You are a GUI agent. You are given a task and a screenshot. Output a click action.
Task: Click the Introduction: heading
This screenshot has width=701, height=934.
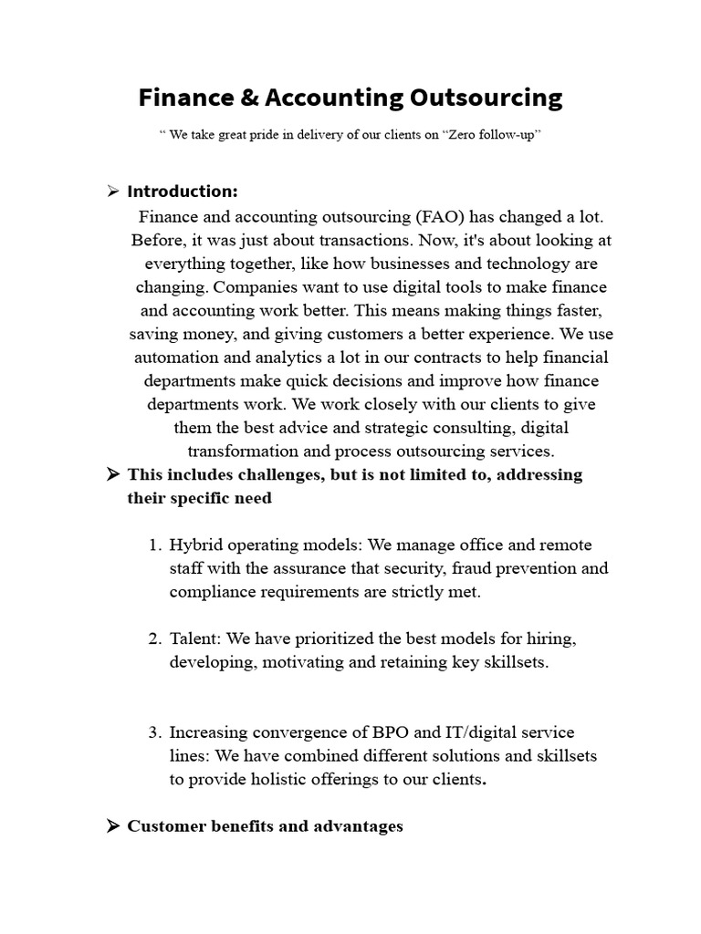pyautogui.click(x=183, y=192)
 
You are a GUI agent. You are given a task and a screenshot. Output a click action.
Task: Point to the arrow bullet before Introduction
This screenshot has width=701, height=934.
pyautogui.click(x=113, y=192)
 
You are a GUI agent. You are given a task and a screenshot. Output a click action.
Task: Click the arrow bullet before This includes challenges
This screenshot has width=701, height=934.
pyautogui.click(x=113, y=474)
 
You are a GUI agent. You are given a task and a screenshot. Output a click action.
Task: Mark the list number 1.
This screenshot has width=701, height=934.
pyautogui.click(x=154, y=545)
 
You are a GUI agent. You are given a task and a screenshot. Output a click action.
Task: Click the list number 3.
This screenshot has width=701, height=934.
pyautogui.click(x=154, y=732)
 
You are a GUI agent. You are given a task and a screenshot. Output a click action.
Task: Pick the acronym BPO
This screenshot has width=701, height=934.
pyautogui.click(x=392, y=732)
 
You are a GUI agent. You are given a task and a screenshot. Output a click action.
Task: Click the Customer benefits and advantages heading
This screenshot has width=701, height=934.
pyautogui.click(x=265, y=826)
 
